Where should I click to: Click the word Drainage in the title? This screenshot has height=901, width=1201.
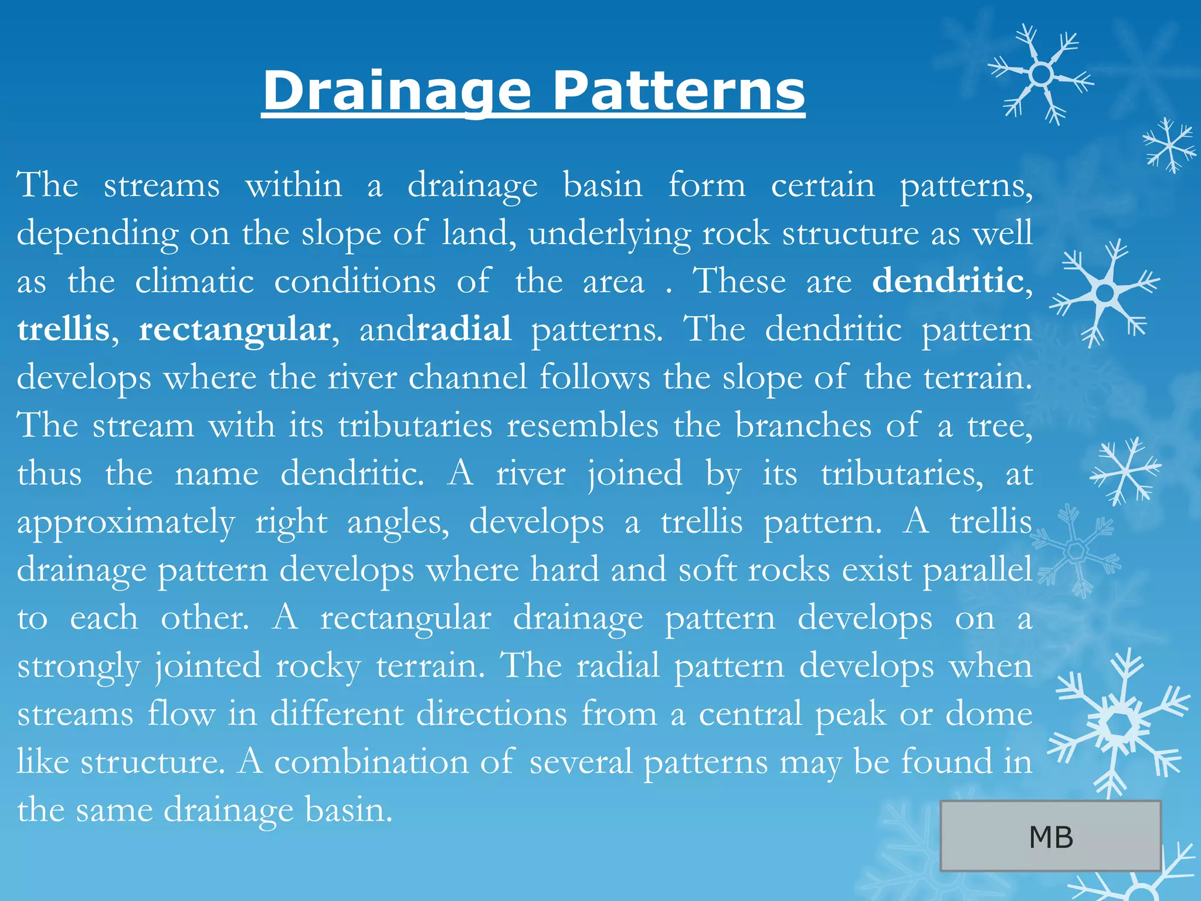(x=397, y=91)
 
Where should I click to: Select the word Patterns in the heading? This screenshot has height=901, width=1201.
(x=678, y=91)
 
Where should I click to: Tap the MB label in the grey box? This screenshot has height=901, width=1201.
(x=1051, y=837)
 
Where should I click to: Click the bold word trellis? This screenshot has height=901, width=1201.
(x=63, y=329)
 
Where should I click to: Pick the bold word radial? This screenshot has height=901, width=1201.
(x=464, y=329)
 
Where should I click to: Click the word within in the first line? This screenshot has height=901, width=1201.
(x=293, y=185)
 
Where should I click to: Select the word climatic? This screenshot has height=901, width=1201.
(x=194, y=281)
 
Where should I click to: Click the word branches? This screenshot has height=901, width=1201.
(x=803, y=425)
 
